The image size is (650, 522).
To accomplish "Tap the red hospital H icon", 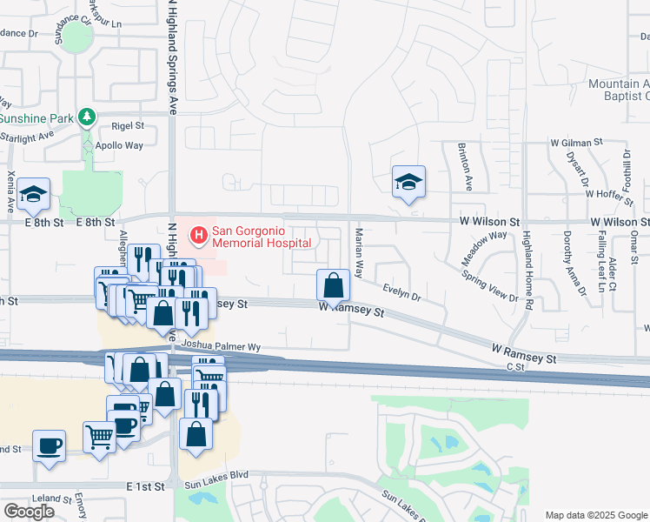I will point(199,234).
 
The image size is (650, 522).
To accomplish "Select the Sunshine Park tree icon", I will point(86,117).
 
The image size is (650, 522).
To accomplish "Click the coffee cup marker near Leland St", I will point(50,445).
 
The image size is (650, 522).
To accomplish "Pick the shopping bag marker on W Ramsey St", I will point(333,284).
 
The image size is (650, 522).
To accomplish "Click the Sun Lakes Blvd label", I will point(217,474).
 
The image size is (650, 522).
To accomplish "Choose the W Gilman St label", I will point(576,142).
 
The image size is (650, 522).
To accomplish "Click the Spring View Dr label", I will point(495,286).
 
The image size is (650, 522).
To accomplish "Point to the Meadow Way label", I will point(484,247).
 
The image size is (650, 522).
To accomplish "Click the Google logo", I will point(30,512).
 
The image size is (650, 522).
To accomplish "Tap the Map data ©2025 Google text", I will point(596,515).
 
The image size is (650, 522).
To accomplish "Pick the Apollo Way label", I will point(119,145).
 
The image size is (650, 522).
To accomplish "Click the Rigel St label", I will point(127,126).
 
